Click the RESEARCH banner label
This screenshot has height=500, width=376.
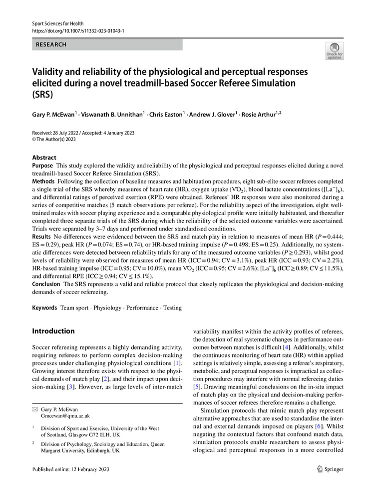coord(51,44)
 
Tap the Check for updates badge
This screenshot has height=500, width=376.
coord(334,51)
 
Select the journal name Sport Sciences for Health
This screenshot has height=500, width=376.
coord(58,23)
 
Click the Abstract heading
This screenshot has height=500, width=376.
coord(44,157)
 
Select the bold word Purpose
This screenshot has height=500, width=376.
coord(42,165)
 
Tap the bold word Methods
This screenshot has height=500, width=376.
coord(43,180)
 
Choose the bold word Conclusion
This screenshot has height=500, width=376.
coord(46,284)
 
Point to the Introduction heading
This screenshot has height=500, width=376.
coord(53,331)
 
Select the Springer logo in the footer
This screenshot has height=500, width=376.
coord(330,469)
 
